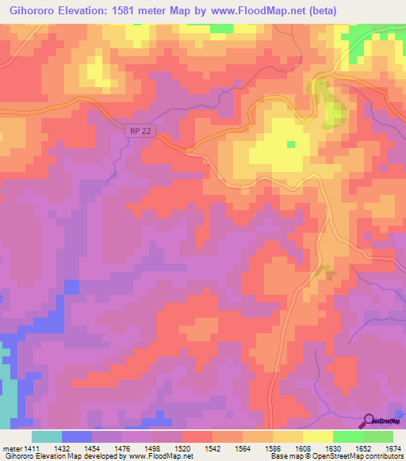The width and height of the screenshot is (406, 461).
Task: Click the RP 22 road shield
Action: [140, 131]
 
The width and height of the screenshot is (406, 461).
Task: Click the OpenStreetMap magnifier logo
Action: [370, 421]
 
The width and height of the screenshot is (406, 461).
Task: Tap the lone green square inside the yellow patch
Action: [291, 144]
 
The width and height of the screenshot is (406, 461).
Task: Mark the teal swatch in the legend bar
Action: [47, 437]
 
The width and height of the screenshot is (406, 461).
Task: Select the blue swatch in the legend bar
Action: [77, 437]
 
